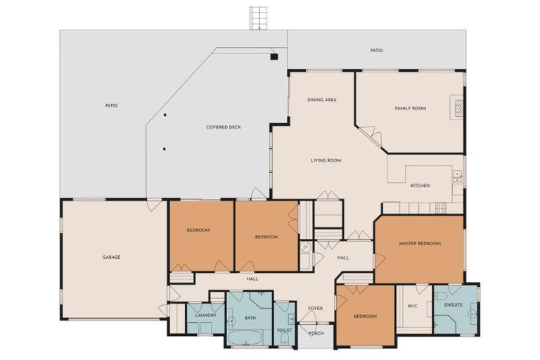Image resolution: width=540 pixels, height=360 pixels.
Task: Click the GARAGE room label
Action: (x=111, y=257)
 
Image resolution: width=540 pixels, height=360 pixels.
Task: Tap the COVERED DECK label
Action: (x=224, y=127)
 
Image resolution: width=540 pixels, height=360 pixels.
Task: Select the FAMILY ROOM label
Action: (x=410, y=108)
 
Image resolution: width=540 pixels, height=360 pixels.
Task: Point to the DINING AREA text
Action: (x=321, y=100)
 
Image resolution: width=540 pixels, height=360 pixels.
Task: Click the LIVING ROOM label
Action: (x=326, y=160)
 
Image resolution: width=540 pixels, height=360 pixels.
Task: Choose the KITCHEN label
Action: (x=420, y=186)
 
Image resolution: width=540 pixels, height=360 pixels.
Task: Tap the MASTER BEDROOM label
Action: (x=420, y=243)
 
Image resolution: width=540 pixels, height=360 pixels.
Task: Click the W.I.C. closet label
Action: (x=413, y=306)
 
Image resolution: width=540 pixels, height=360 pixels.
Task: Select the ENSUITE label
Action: (x=454, y=305)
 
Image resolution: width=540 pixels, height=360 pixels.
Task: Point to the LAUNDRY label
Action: (x=205, y=315)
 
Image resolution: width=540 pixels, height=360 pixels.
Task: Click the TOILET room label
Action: (x=285, y=330)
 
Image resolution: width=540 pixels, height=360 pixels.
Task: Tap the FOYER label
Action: (x=315, y=309)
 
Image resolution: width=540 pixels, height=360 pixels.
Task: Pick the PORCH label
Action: (x=316, y=333)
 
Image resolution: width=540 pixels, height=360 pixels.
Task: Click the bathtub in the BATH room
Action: (x=245, y=337)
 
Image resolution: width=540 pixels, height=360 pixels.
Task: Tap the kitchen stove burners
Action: (x=441, y=207)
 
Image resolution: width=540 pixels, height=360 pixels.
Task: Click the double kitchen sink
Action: (x=457, y=176)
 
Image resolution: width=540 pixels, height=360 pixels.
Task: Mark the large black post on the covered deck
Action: (x=274, y=57)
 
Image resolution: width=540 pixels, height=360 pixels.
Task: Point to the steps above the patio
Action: (x=259, y=18)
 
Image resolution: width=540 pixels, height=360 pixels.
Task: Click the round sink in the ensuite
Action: (x=473, y=314)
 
